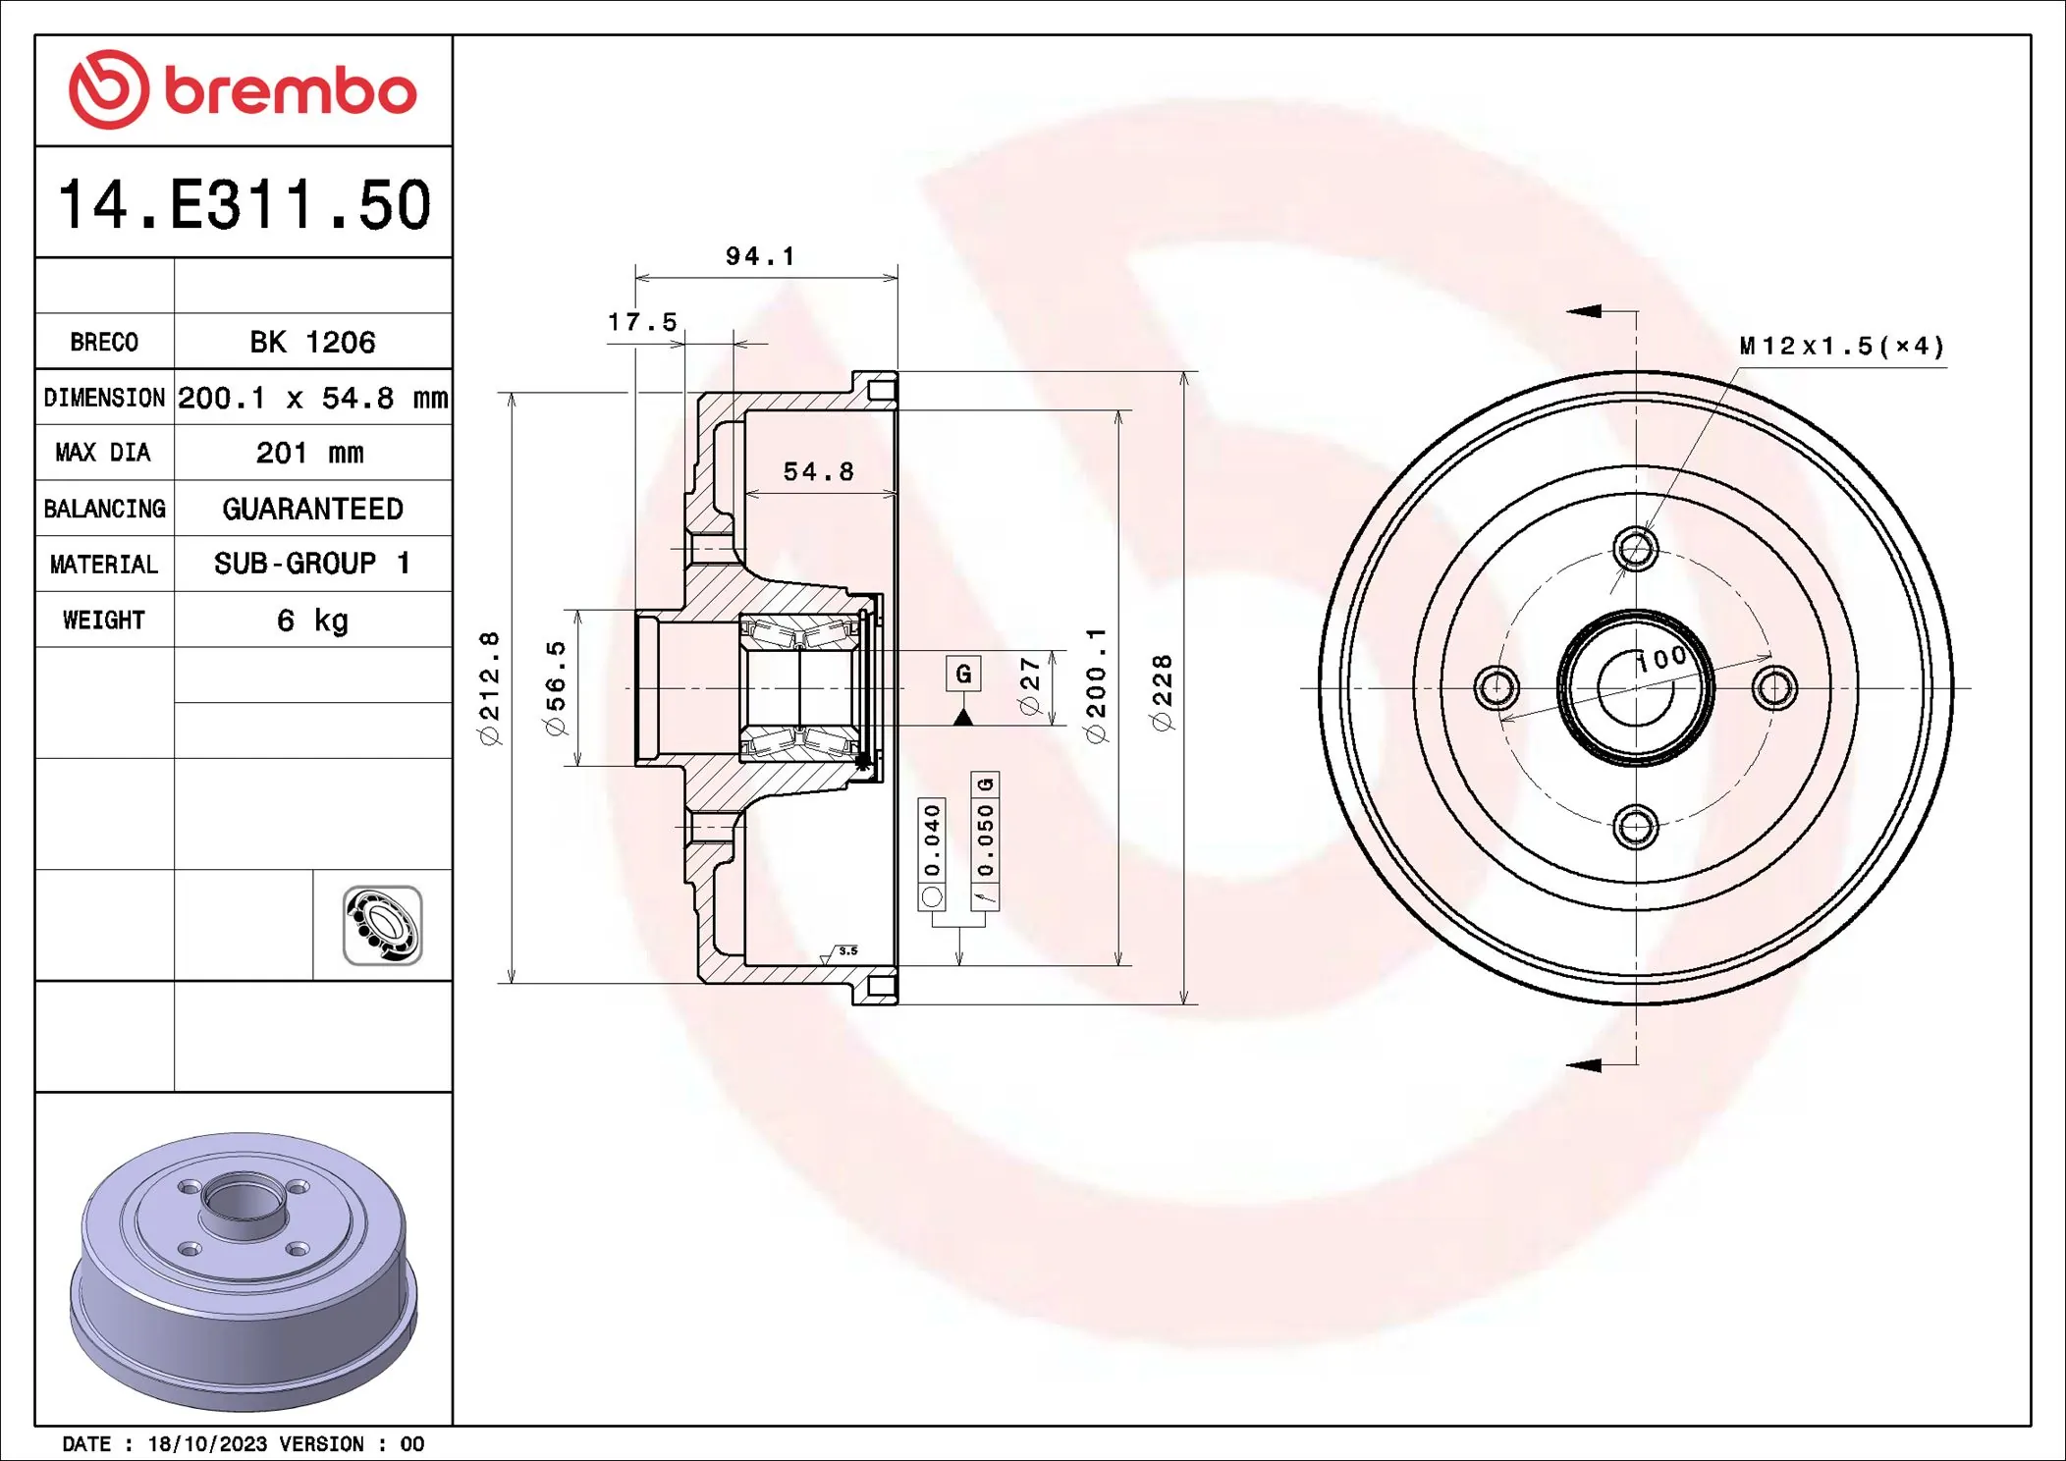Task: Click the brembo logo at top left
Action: click(243, 90)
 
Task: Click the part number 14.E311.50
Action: click(244, 204)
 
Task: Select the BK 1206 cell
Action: click(312, 342)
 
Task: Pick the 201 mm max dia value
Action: click(310, 453)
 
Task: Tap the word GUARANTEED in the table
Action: click(312, 509)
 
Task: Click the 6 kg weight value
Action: click(312, 621)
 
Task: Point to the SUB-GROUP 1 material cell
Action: click(312, 564)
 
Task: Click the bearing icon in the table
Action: click(382, 925)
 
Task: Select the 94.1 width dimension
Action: click(760, 256)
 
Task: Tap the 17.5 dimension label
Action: click(642, 322)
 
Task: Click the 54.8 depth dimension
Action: click(818, 472)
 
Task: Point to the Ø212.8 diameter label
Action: click(489, 687)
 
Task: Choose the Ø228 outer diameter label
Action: click(1163, 692)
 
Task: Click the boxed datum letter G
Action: click(963, 674)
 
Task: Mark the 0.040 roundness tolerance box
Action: click(932, 840)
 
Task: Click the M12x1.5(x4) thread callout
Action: click(1841, 346)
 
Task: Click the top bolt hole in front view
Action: click(1636, 548)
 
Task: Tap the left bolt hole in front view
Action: click(1496, 687)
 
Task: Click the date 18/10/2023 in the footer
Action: click(207, 1443)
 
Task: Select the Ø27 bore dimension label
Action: click(1029, 685)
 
